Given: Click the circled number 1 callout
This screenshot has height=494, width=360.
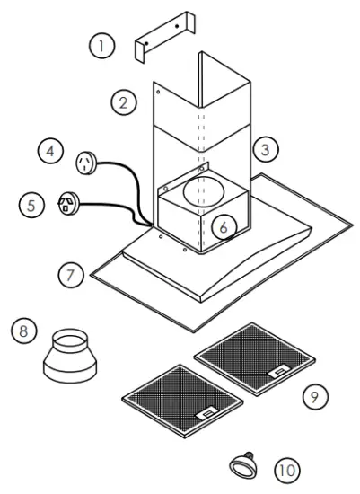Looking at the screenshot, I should pyautogui.click(x=101, y=44).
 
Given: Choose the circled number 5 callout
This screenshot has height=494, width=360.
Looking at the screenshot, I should pyautogui.click(x=32, y=205).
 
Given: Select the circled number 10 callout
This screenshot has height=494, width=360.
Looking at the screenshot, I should pyautogui.click(x=286, y=469).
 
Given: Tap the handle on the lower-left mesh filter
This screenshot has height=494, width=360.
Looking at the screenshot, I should pyautogui.click(x=204, y=412).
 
